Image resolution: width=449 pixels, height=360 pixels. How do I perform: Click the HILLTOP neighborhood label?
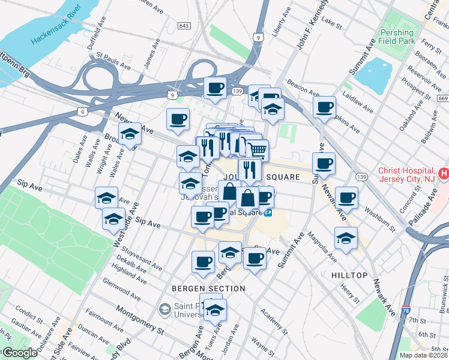(349, 275)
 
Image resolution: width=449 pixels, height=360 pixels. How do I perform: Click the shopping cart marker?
(257, 149)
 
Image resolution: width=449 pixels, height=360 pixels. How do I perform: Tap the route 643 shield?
(184, 26)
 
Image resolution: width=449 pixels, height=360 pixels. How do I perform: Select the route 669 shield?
(443, 98)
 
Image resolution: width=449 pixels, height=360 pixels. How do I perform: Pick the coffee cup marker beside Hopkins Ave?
(324, 108)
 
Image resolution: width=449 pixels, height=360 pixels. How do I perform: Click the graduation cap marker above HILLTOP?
(346, 238)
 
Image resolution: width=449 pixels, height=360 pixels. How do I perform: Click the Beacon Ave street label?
(303, 88)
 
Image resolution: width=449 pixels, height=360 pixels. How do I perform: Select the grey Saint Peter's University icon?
(164, 310)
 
